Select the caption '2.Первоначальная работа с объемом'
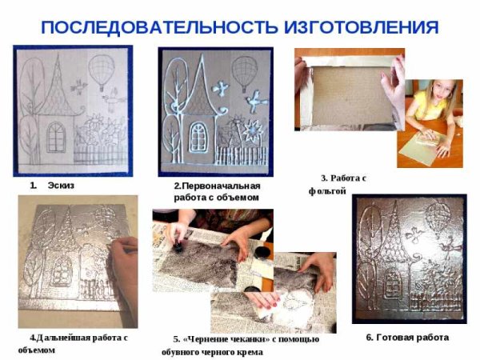coord(217,191)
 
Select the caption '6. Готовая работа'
coord(407,337)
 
